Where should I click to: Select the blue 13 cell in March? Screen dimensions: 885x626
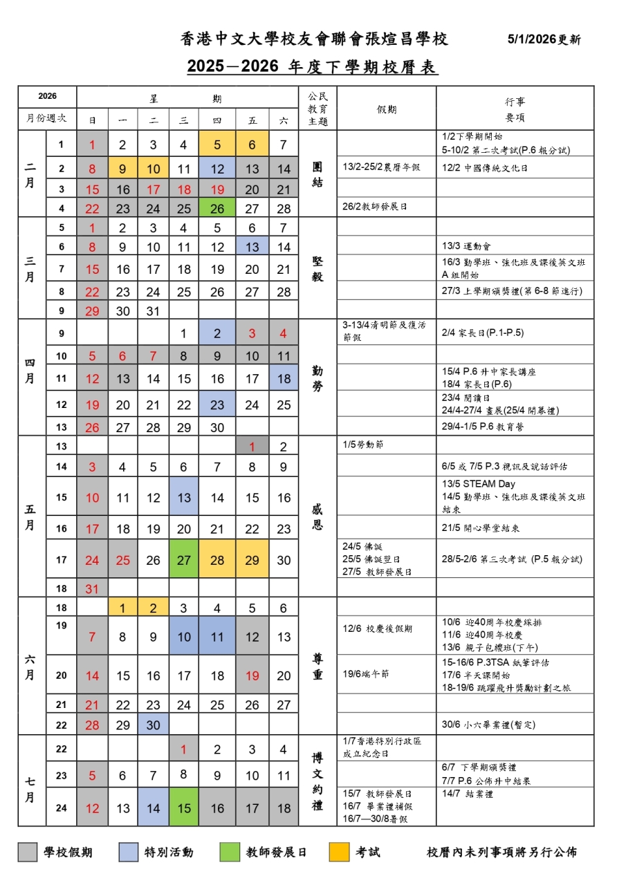[252, 247]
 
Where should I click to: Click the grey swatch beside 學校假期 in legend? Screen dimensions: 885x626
[27, 852]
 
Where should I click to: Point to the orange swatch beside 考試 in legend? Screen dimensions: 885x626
[338, 852]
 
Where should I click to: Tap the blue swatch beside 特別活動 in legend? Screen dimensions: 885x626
[129, 852]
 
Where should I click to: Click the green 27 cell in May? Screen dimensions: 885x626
[183, 560]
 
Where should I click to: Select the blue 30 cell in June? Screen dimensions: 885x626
[153, 725]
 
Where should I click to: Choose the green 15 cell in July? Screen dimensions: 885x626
[183, 808]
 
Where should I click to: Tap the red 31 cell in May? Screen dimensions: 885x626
[92, 588]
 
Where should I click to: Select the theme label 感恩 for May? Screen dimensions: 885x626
[317, 517]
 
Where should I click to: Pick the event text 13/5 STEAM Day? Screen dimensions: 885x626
[478, 484]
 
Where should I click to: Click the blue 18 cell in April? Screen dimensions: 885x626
[284, 378]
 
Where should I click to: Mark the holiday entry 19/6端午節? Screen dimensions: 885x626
[366, 673]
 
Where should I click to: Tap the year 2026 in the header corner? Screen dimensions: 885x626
[47, 96]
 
